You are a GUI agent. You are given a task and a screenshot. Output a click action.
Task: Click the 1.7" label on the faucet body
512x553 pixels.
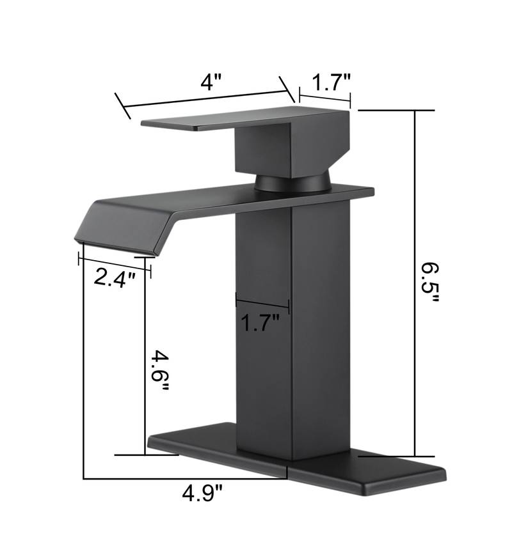260,323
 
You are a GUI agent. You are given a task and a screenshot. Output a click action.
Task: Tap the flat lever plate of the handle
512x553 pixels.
211,120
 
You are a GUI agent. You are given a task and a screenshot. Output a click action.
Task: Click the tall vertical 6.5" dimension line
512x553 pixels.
415,281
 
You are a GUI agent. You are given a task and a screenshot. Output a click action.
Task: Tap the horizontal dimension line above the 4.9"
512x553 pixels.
186,478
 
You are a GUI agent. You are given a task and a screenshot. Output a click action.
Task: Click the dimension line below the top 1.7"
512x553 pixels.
324,98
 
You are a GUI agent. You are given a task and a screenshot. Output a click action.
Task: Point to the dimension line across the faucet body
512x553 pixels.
262,303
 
